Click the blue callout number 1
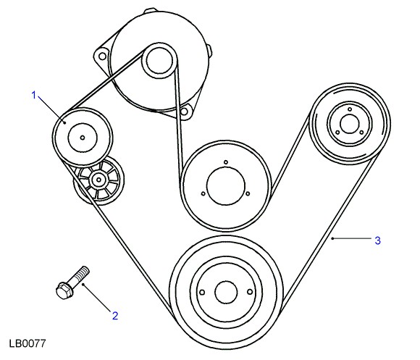pyautogui.click(x=34, y=95)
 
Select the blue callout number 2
pyautogui.click(x=115, y=316)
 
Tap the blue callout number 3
pyautogui.click(x=377, y=240)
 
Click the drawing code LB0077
pyautogui.click(x=28, y=343)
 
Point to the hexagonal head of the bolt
pyautogui.click(x=64, y=290)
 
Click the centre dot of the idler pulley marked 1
pyautogui.click(x=83, y=138)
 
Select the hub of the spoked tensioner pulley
pyautogui.click(x=98, y=180)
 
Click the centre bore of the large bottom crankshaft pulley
pyautogui.click(x=226, y=292)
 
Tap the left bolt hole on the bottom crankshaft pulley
pyautogui.click(x=203, y=292)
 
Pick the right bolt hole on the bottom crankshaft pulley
pyautogui.click(x=250, y=292)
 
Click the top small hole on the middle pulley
pyautogui.click(x=226, y=162)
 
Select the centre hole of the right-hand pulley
pyautogui.click(x=349, y=124)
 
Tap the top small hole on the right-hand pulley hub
pyautogui.click(x=350, y=109)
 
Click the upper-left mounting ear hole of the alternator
pyautogui.click(x=102, y=56)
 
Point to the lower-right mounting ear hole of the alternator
pyautogui.click(x=184, y=111)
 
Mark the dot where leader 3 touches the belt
pyautogui.click(x=332, y=238)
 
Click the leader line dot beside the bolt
pyautogui.click(x=83, y=285)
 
